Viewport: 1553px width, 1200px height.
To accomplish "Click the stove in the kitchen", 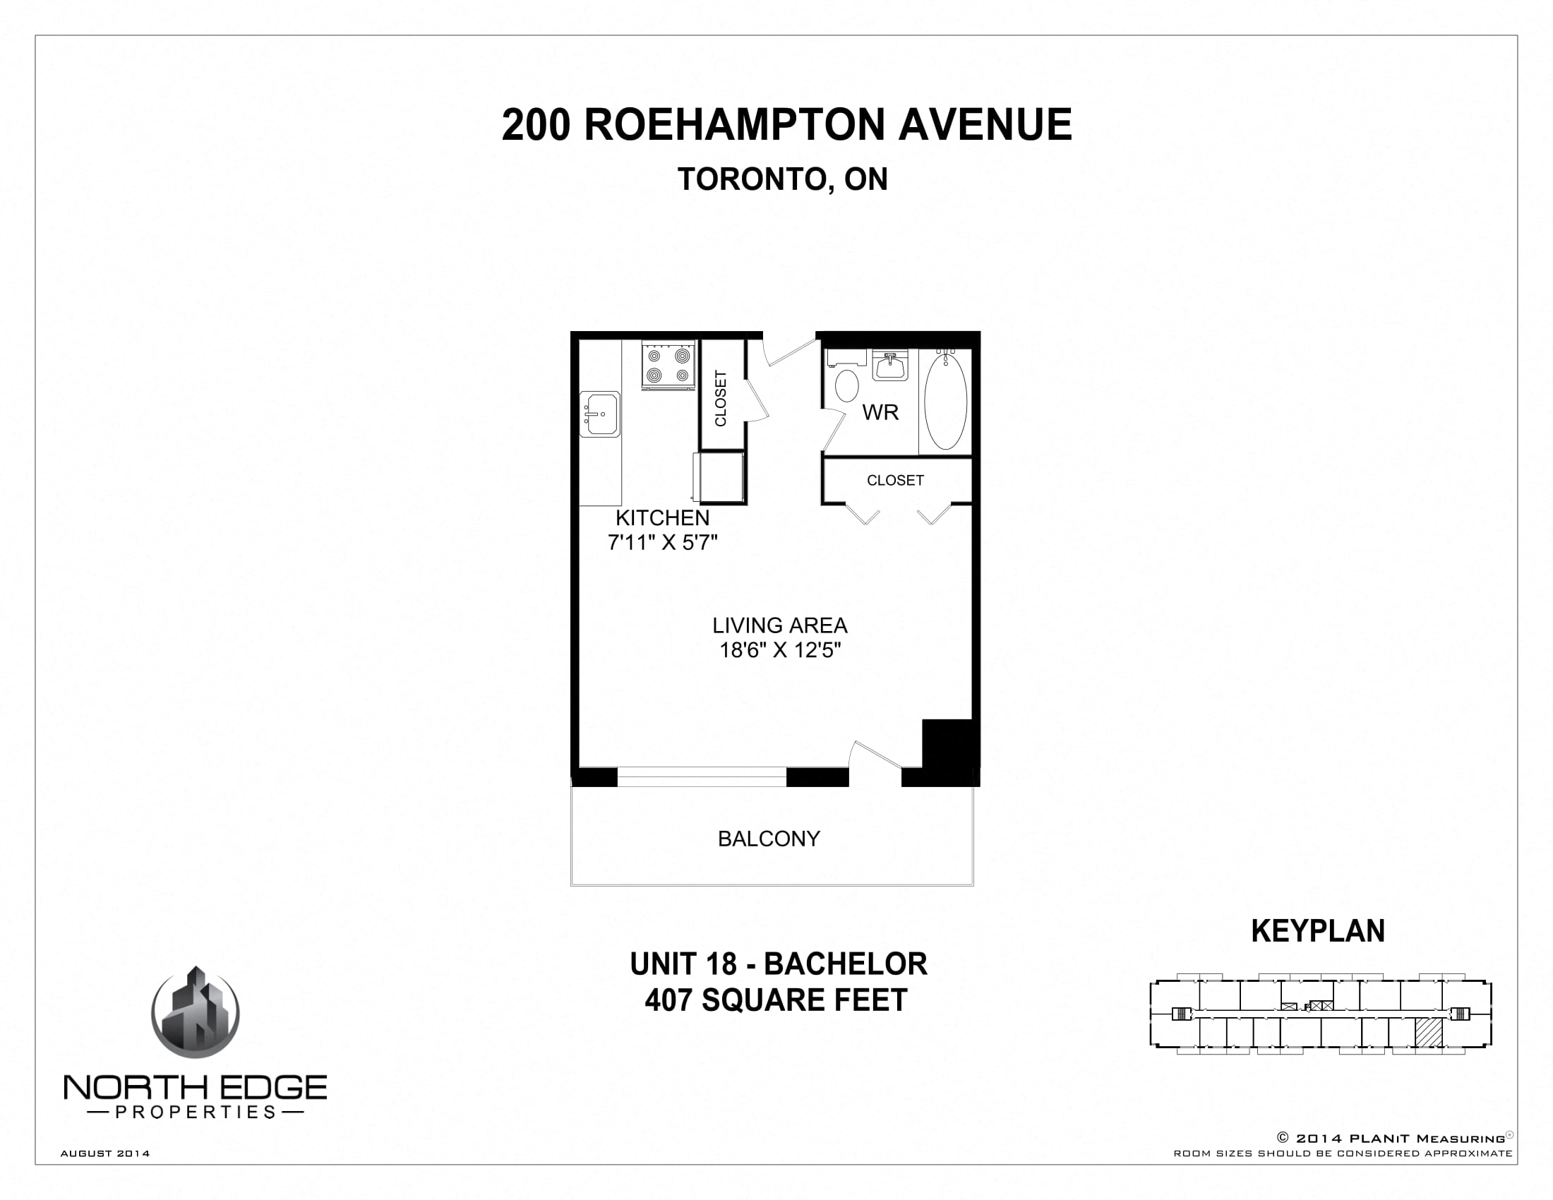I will pyautogui.click(x=668, y=365).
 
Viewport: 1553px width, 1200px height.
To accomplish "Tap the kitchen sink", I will pyautogui.click(x=600, y=414).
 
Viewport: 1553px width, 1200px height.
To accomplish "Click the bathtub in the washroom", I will pyautogui.click(x=945, y=402).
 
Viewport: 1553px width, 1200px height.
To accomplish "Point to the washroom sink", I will pyautogui.click(x=889, y=367).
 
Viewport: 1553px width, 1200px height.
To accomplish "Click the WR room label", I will pyautogui.click(x=880, y=412).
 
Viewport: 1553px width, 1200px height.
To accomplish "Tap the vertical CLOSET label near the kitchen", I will pyautogui.click(x=721, y=398).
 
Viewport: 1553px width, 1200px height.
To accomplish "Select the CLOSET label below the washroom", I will pyautogui.click(x=895, y=481).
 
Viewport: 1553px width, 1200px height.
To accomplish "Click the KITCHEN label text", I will pyautogui.click(x=662, y=517).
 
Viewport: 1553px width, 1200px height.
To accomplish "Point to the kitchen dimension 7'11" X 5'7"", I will pyautogui.click(x=662, y=542).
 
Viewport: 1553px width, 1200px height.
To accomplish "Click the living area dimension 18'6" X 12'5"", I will pyautogui.click(x=780, y=649).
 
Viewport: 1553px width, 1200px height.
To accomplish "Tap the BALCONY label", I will pyautogui.click(x=769, y=839).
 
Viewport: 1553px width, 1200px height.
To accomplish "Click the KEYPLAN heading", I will pyautogui.click(x=1318, y=931).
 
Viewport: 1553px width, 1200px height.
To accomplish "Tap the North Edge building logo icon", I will pyautogui.click(x=196, y=1013).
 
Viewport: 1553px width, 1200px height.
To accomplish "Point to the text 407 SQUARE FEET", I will pyautogui.click(x=776, y=1000).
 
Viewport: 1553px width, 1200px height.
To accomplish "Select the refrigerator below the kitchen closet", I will pyautogui.click(x=719, y=477).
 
